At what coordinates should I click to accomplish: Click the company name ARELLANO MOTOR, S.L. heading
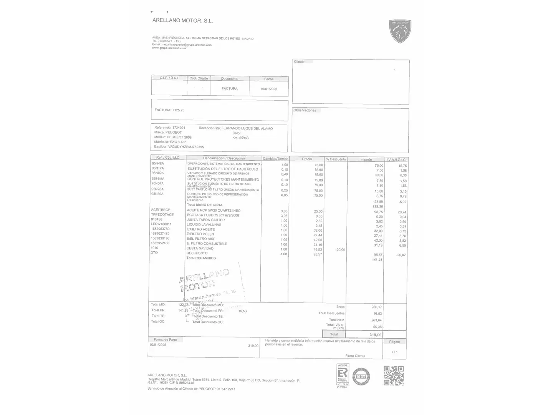[x=182, y=21]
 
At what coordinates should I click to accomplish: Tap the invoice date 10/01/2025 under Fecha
[x=268, y=89]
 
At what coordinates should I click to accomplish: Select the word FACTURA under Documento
[x=229, y=88]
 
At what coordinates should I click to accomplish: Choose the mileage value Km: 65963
[x=240, y=138]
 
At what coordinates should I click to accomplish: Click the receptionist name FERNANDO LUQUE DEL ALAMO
[x=247, y=128]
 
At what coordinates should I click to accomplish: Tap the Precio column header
[x=307, y=159]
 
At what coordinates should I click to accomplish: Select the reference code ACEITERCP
[x=161, y=210]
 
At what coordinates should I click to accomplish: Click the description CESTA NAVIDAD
[x=200, y=248]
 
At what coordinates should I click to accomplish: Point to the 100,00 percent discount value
[x=340, y=250]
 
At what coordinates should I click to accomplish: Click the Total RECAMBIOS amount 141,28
[x=377, y=260]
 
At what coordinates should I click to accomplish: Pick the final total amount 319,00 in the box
[x=375, y=335]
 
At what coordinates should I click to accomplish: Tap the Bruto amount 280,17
[x=376, y=307]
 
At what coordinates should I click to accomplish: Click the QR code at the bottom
[x=394, y=375]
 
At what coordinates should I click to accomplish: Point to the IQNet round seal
[x=361, y=376]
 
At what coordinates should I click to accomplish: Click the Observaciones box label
[x=305, y=110]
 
